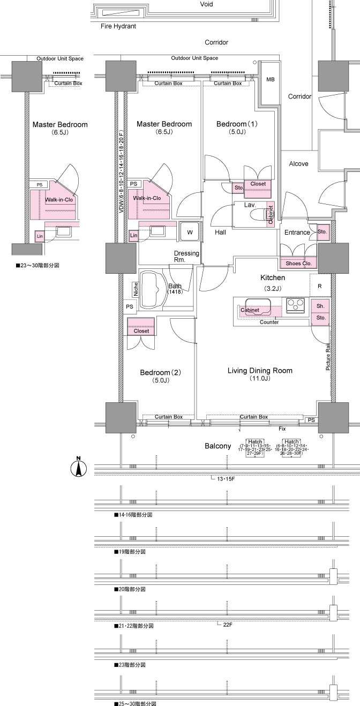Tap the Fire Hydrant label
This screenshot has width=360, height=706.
click(118, 26)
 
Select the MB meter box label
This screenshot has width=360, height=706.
click(271, 80)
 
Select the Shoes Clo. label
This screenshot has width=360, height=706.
click(299, 263)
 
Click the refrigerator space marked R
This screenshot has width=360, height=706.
click(320, 286)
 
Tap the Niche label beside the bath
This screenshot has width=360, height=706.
click(136, 289)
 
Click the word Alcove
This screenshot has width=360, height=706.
click(298, 163)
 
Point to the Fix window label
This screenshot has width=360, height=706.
click(281, 429)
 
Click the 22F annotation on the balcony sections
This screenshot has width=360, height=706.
click(227, 624)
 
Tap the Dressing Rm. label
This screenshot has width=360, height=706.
click(186, 256)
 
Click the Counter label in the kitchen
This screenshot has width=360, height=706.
click(269, 322)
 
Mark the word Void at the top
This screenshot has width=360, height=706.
click(206, 4)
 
